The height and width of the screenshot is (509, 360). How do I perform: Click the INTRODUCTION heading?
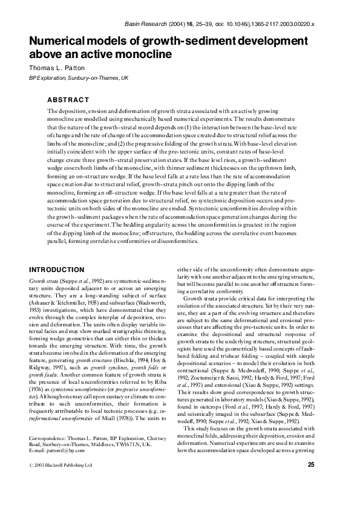(x=57, y=269)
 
